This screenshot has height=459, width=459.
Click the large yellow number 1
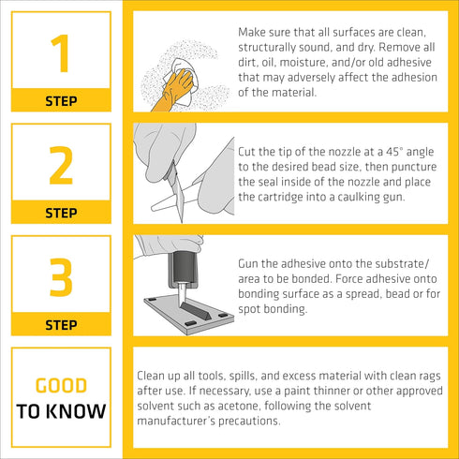(x=61, y=53)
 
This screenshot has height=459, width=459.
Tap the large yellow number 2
(x=61, y=165)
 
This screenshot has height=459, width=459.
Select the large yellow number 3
(x=61, y=277)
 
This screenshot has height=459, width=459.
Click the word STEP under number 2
(x=61, y=213)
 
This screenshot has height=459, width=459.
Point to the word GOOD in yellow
(x=61, y=385)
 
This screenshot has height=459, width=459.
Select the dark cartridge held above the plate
(x=184, y=269)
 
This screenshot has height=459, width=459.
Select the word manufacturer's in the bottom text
(x=176, y=421)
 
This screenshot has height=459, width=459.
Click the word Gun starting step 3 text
(x=248, y=264)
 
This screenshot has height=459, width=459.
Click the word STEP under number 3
(x=61, y=325)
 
